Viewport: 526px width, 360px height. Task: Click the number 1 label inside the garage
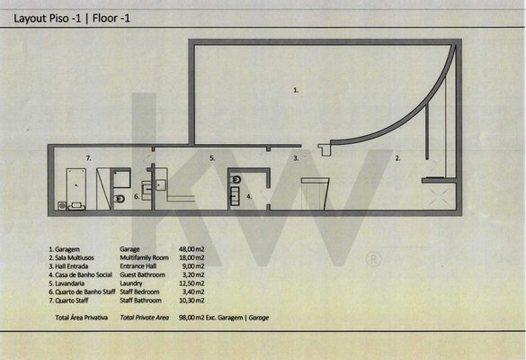296,90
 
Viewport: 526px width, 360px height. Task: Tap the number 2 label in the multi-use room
397,157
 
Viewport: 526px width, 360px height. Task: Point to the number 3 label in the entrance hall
296,157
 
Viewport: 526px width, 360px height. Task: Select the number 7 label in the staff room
88,157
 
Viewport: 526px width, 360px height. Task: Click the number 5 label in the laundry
212,157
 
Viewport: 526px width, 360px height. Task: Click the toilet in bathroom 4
236,180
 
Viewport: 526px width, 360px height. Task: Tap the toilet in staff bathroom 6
119,199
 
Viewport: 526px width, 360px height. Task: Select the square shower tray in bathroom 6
121,179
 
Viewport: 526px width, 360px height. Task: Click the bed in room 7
76,189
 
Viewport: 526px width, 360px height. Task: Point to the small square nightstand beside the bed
62,205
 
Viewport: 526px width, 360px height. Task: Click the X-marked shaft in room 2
440,197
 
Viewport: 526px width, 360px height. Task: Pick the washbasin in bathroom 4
236,196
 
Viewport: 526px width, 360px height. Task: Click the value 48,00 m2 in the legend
192,249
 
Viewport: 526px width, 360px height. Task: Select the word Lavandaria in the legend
69,283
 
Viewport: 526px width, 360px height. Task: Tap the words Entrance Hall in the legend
138,266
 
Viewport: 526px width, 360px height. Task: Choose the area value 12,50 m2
192,283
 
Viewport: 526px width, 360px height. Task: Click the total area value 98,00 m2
192,318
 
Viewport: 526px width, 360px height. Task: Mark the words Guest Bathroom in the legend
143,274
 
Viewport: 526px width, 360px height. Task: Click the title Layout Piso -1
48,18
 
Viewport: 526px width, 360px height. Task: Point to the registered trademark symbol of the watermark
373,259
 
